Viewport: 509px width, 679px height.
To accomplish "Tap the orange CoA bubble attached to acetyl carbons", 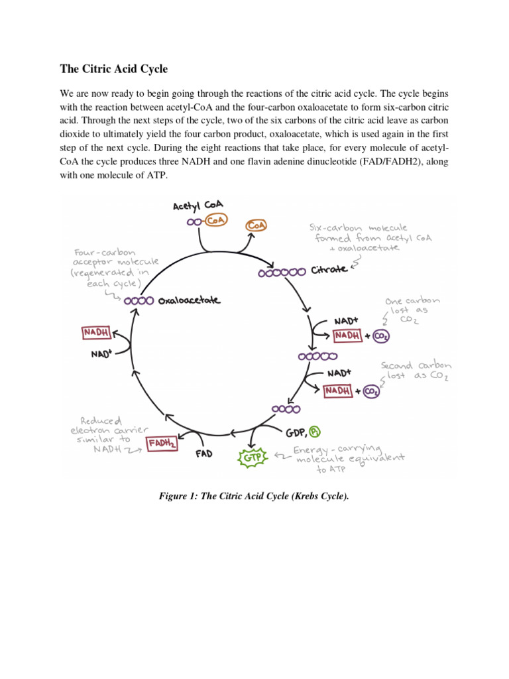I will coord(215,221).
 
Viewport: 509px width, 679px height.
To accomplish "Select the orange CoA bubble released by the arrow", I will coord(256,226).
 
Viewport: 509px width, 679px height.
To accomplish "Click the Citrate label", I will coord(329,271).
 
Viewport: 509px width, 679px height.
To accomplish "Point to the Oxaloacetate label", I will coord(189,300).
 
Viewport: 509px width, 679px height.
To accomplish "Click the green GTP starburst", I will coord(252,457).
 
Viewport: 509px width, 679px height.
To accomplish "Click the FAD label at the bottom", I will coord(203,454).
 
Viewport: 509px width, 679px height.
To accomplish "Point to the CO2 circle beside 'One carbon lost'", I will coord(381,336).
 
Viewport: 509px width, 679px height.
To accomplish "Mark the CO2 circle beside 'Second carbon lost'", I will coord(372,391).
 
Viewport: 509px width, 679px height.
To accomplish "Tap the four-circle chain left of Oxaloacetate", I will coord(139,300).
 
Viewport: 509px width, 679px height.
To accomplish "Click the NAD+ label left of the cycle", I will coord(101,353).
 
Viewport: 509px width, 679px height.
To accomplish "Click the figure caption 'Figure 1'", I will coord(254,495).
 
